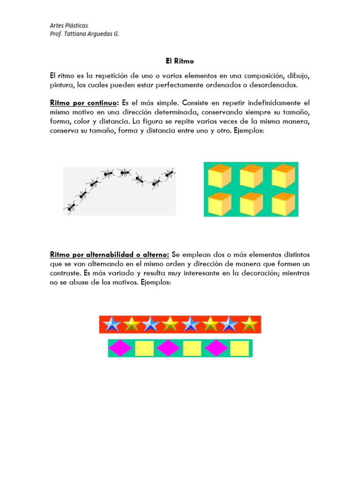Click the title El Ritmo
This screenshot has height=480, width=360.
point(180,61)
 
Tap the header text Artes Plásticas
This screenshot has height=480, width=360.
point(69,25)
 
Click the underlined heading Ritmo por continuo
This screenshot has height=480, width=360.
point(84,102)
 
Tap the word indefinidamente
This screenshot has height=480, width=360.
point(266,102)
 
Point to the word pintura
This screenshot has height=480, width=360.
point(62,85)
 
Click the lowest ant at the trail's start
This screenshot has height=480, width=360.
point(70,206)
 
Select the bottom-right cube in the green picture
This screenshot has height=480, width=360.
point(283,203)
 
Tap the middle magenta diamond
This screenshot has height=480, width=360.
point(168,348)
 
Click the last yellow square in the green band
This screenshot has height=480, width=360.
point(240,348)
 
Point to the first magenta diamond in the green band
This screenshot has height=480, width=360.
point(120,348)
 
